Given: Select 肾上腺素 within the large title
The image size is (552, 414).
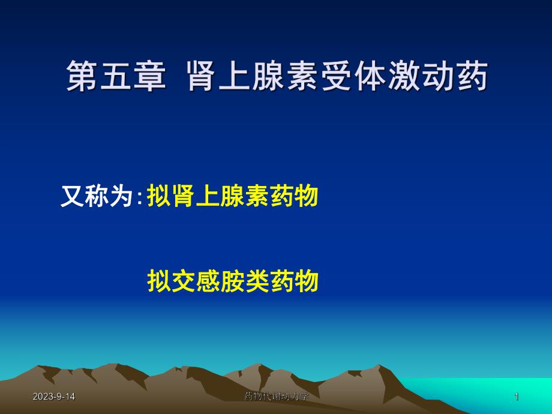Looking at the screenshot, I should [x=253, y=78].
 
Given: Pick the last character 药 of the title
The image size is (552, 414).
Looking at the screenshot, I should [x=471, y=78].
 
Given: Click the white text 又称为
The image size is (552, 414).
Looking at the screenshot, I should [x=97, y=197].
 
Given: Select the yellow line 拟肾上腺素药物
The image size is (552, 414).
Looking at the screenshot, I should [x=232, y=197].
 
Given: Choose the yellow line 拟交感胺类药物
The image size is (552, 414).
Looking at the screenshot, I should [x=232, y=281].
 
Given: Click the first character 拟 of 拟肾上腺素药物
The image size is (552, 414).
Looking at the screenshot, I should [x=158, y=197].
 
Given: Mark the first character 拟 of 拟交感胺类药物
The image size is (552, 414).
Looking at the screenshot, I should [x=158, y=281].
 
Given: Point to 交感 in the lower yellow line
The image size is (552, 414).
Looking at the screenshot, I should [x=196, y=281].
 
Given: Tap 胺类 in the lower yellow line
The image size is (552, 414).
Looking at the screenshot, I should [x=245, y=281].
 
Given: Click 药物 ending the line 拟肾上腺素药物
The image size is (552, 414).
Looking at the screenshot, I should [x=293, y=197].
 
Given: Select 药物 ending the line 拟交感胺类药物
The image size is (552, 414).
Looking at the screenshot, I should [x=293, y=281].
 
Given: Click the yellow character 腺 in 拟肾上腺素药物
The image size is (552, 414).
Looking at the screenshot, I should [x=232, y=197].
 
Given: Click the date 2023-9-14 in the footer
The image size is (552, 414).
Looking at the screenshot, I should [x=54, y=397].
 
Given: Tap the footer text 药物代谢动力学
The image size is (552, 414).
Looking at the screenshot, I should [x=277, y=397].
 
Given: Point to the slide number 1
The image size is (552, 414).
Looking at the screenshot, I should [x=516, y=397].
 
